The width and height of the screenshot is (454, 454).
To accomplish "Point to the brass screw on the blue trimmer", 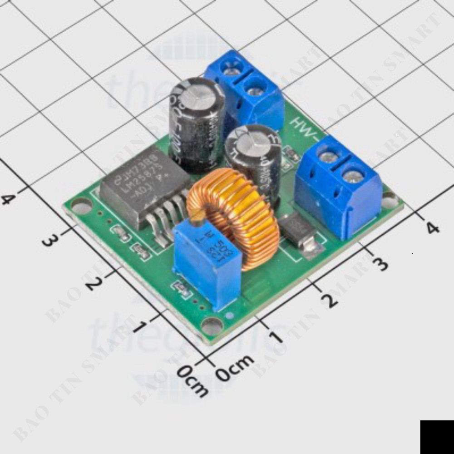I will (x=197, y=221).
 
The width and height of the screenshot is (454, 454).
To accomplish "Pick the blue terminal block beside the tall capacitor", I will (x=245, y=91).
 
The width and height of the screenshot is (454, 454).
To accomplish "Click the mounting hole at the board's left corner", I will (x=81, y=207).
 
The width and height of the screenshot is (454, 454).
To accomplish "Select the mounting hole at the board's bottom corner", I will (x=212, y=326).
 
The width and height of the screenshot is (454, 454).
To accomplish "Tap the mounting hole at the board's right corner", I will (x=390, y=200).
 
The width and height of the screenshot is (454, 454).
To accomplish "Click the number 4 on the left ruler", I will (x=8, y=199).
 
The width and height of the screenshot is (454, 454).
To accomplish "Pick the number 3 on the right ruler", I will (x=380, y=263).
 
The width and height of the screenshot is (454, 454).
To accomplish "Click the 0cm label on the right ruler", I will (x=235, y=368).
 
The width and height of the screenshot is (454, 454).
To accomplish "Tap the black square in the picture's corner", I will (x=437, y=437).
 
